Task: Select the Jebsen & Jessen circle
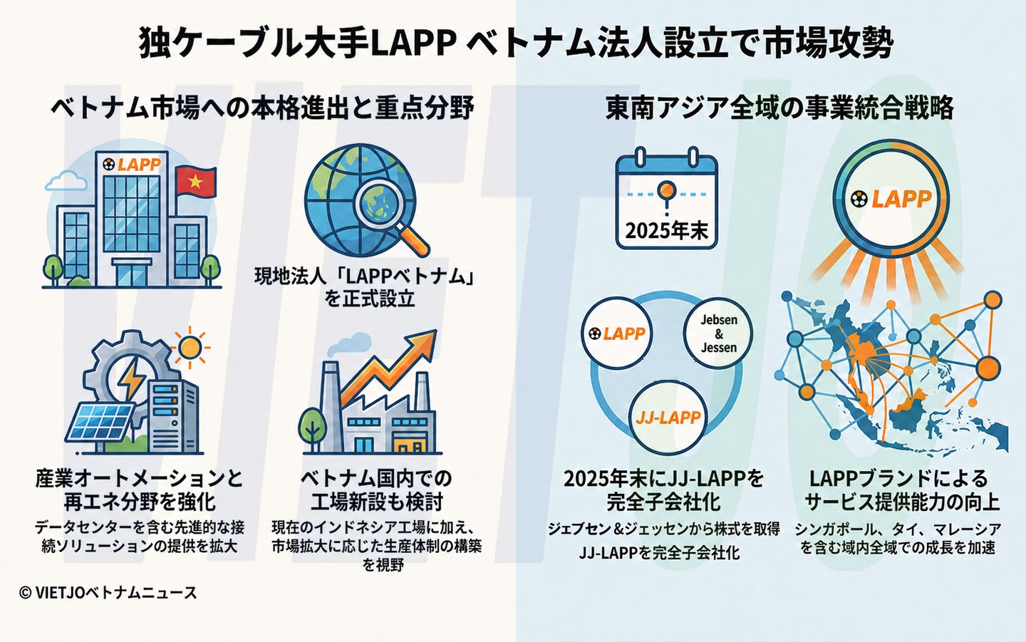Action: coord(718,333)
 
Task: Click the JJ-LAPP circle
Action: coord(668,417)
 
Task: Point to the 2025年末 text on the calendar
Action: coord(666,231)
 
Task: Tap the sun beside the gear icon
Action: coord(190,347)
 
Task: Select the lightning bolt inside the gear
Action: coord(133,378)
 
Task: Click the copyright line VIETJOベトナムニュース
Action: coord(108,593)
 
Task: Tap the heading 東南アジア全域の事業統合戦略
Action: coord(779,108)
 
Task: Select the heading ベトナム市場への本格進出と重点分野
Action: coord(262,108)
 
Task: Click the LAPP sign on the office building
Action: coord(132,165)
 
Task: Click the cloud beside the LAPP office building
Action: coord(66,181)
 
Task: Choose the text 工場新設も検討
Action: coord(376,502)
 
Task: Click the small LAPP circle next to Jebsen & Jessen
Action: coord(616,333)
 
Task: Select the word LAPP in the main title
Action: coord(411,44)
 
